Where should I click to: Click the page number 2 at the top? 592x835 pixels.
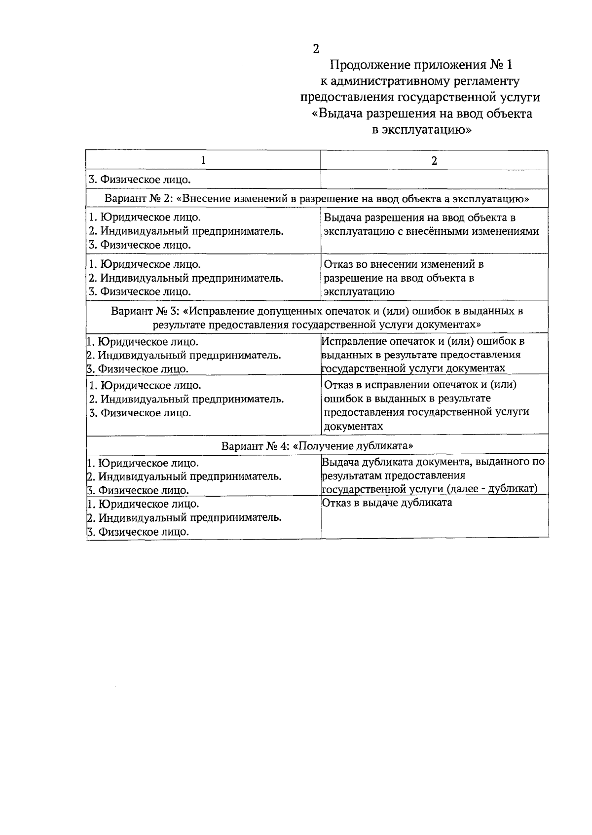(x=316, y=49)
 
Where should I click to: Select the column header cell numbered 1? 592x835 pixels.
(x=203, y=160)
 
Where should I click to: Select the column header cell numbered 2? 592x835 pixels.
(x=434, y=160)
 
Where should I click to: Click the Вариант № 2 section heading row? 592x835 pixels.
(x=317, y=198)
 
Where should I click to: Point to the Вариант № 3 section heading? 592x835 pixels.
(x=317, y=318)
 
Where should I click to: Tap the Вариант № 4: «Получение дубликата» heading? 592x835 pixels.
(x=317, y=445)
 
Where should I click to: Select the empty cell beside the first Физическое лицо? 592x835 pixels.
(x=434, y=179)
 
